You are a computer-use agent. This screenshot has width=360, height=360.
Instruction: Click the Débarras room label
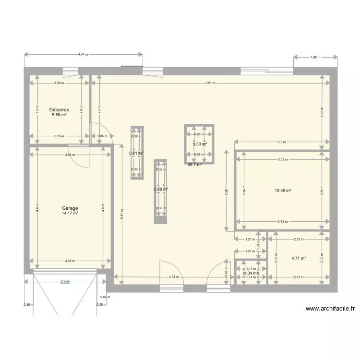click(x=59, y=109)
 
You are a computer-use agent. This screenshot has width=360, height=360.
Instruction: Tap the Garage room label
click(x=70, y=208)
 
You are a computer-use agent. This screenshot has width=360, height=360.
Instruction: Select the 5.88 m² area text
click(x=59, y=115)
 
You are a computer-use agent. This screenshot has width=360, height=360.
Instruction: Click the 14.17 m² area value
click(x=70, y=214)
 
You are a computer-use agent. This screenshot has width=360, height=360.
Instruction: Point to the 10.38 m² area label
click(x=283, y=191)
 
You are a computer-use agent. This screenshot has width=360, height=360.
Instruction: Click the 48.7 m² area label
click(x=194, y=165)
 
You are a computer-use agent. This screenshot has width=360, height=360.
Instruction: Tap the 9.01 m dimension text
click(x=210, y=83)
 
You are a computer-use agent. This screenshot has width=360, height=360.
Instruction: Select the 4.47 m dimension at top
click(x=83, y=55)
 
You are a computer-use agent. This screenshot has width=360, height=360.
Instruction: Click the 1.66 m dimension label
click(x=315, y=58)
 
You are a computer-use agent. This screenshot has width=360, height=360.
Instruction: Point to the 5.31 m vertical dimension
click(x=122, y=216)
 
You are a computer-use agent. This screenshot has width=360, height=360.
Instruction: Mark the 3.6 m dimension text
click(x=282, y=142)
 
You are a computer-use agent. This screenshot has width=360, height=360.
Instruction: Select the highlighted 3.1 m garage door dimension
click(x=65, y=282)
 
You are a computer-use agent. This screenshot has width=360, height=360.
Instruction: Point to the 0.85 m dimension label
click(x=102, y=136)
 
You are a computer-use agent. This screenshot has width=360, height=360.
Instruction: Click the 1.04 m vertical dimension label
click(x=258, y=245)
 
